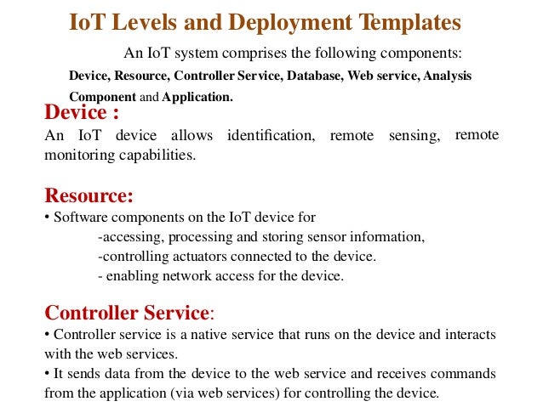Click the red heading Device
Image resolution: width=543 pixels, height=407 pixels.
pyautogui.click(x=77, y=114)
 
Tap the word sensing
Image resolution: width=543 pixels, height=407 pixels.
pyautogui.click(x=413, y=137)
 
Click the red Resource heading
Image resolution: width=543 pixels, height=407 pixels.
pyautogui.click(x=89, y=196)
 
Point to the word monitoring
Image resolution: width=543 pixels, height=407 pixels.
pyautogui.click(x=77, y=155)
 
